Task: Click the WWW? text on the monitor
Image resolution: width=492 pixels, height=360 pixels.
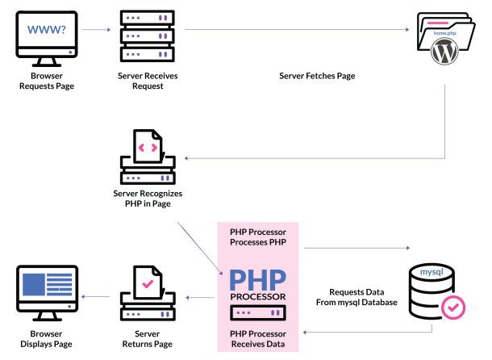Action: tap(46, 31)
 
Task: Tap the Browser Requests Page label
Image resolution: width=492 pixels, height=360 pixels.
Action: tap(46, 81)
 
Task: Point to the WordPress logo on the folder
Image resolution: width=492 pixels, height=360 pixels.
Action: tap(444, 52)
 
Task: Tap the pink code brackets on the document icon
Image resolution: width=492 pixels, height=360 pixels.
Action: tap(147, 148)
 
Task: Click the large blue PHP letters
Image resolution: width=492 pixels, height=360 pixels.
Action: tap(257, 280)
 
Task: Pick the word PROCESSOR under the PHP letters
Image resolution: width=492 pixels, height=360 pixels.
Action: tap(257, 297)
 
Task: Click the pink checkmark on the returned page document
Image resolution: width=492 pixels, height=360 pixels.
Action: tap(145, 284)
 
